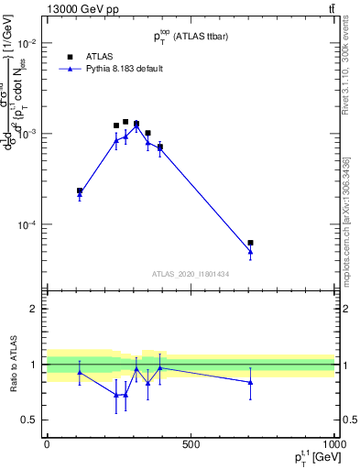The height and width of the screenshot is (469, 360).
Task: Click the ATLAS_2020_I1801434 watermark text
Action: tap(190, 274)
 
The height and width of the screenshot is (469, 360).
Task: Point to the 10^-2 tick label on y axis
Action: tap(27, 44)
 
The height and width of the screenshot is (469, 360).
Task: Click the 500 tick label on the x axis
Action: tap(191, 444)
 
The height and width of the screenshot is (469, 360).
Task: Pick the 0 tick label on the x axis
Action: tap(47, 444)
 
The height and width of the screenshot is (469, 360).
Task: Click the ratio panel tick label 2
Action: tap(34, 309)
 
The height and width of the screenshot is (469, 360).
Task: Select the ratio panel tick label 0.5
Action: tap(30, 420)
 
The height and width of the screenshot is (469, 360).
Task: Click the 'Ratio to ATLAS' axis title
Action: tap(12, 365)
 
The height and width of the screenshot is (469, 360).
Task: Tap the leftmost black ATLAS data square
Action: tap(80, 191)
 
